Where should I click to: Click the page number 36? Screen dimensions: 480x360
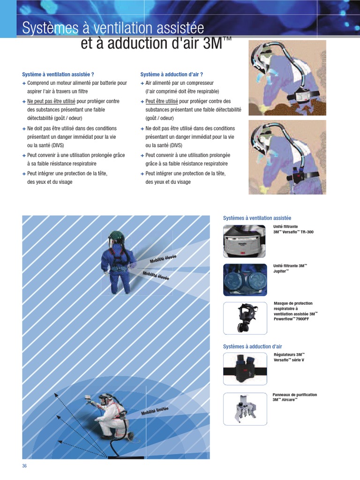pos(25,465)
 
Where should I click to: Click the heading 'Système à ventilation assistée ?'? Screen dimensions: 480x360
pos(58,75)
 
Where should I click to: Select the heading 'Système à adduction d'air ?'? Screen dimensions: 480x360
pos(172,75)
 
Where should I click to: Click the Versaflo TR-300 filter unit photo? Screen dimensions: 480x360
pos(245,241)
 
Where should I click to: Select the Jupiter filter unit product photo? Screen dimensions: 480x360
pos(245,279)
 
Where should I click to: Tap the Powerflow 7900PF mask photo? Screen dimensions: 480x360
pos(245,318)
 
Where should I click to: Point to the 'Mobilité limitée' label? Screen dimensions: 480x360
pos(155,411)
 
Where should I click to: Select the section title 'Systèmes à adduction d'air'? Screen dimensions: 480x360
pos(253,346)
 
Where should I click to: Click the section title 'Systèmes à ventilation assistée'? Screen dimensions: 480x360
pos(257,218)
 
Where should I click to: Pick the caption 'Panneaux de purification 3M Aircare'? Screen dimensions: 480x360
pos(294,397)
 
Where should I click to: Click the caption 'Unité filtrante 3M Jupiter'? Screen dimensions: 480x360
pos(290,268)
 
